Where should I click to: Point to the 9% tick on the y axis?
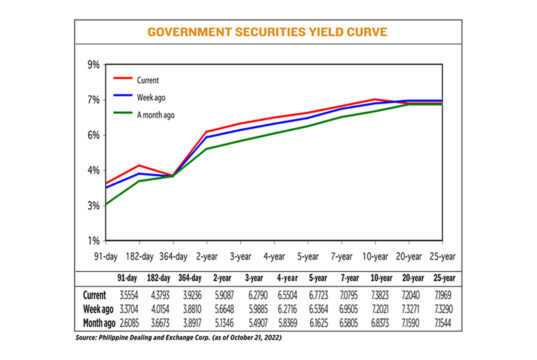click(94, 65)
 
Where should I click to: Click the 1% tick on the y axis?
click(94, 240)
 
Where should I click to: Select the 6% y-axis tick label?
click(94, 135)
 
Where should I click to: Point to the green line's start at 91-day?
click(105, 204)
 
